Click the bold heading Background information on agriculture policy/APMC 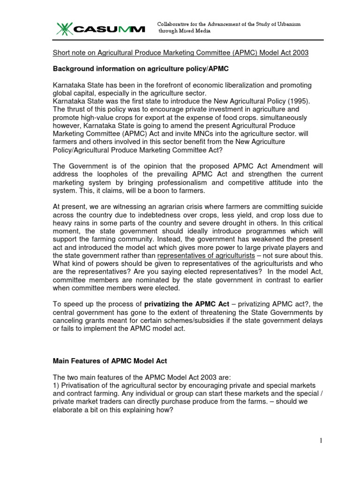pyautogui.click(x=140, y=68)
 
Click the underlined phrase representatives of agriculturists pyautogui.click(x=206, y=255)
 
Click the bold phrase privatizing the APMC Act pyautogui.click(x=182, y=304)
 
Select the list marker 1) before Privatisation pyautogui.click(x=55, y=385)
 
